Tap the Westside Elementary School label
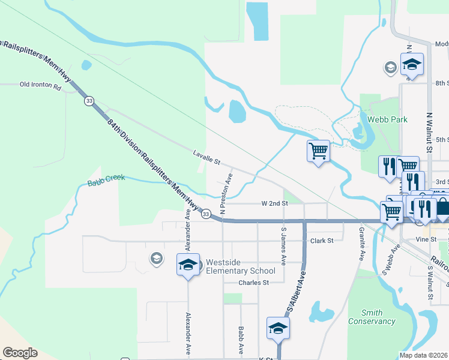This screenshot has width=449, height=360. pyautogui.click(x=241, y=266)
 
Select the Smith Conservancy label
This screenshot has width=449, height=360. pyautogui.click(x=372, y=317)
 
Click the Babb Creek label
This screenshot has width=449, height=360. pyautogui.click(x=106, y=179)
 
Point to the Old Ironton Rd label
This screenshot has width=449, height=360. pyautogui.click(x=41, y=86)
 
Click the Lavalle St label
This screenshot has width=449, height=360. pyautogui.click(x=207, y=158)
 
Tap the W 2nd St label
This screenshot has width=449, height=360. pyautogui.click(x=275, y=203)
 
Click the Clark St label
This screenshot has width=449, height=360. pyautogui.click(x=322, y=241)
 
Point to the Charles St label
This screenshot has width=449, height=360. pyautogui.click(x=252, y=283)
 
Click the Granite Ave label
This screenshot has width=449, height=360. pyautogui.click(x=362, y=243)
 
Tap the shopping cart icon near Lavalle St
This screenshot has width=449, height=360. pyautogui.click(x=318, y=151)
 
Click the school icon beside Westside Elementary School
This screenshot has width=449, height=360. pyautogui.click(x=188, y=264)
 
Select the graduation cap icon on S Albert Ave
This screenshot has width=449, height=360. pyautogui.click(x=279, y=328)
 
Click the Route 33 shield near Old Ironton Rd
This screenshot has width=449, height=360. pyautogui.click(x=89, y=101)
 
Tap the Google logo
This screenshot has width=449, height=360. pyautogui.click(x=20, y=353)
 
